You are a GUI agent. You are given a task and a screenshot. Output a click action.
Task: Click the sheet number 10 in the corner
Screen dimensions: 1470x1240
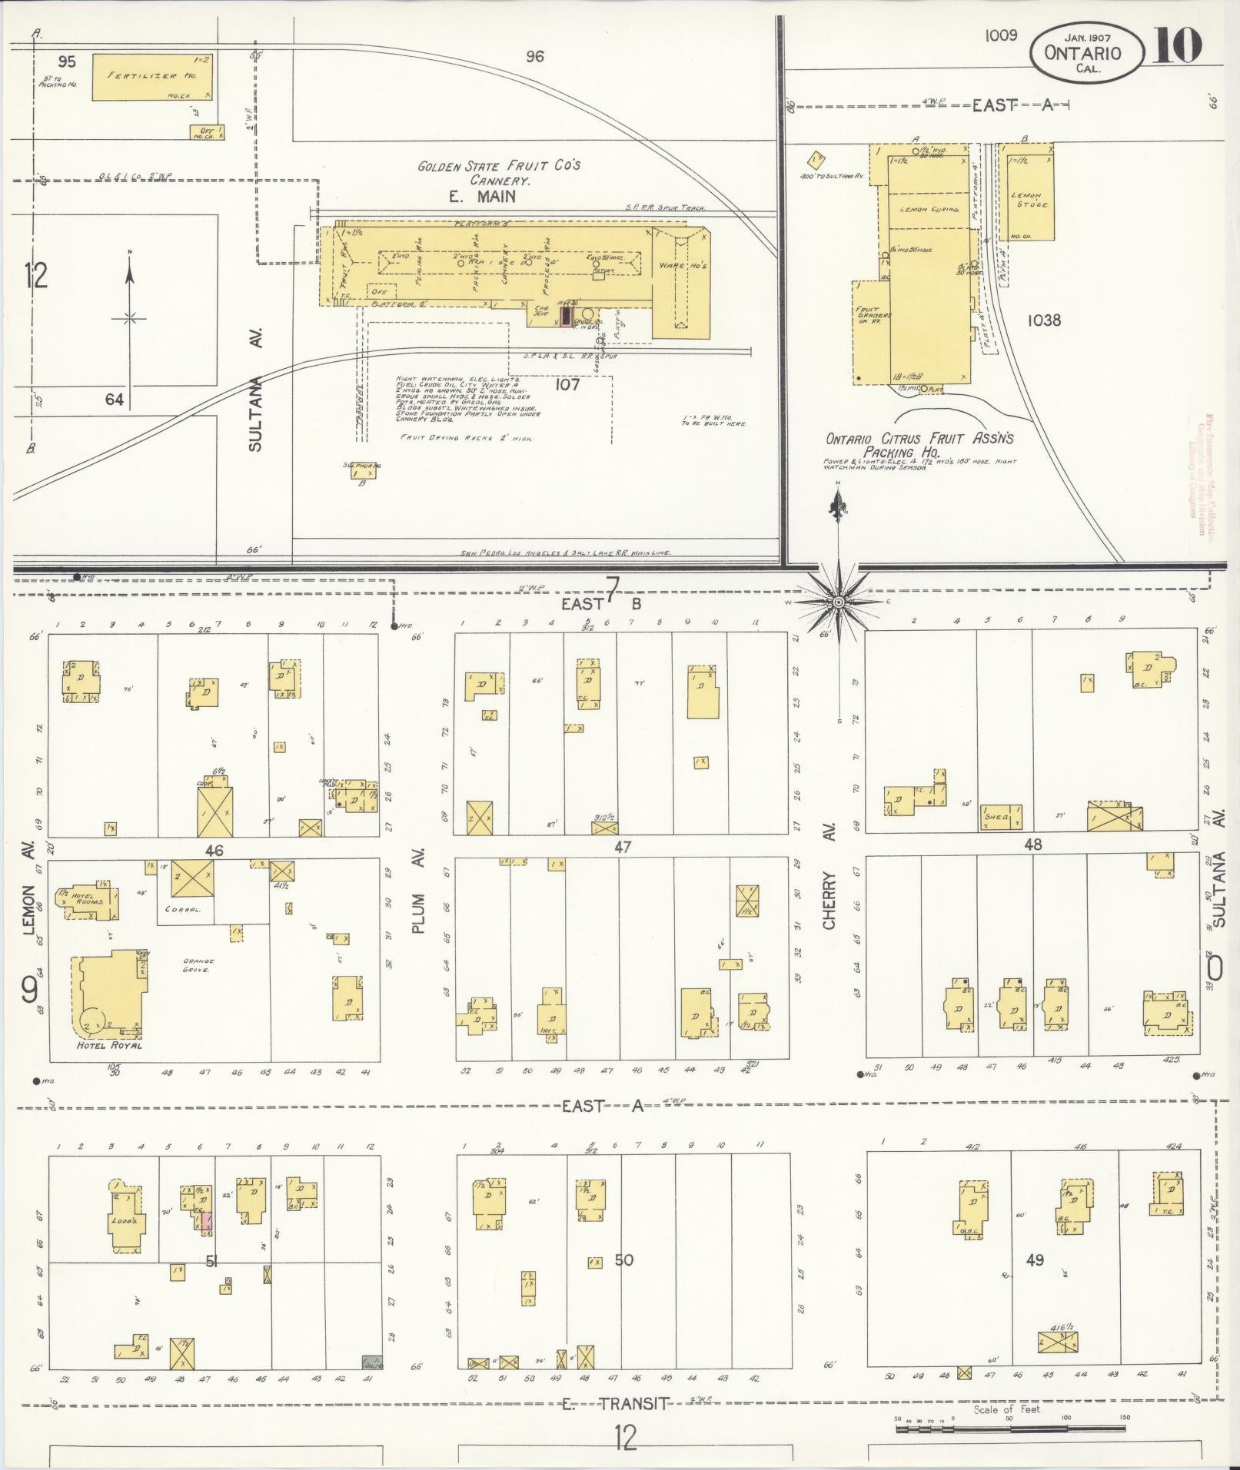tap(1177, 47)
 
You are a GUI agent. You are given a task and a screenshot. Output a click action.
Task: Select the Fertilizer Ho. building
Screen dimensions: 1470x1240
tap(152, 77)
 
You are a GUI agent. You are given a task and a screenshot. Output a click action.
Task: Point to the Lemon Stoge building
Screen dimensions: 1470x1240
tap(1029, 196)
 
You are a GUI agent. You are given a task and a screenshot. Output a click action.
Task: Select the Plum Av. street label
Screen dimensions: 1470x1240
tap(419, 891)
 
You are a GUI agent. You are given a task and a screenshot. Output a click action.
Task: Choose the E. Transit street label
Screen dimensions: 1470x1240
tap(615, 1403)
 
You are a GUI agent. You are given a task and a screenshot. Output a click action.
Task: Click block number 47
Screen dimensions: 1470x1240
tap(623, 847)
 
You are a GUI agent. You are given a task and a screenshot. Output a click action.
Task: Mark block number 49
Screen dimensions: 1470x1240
tap(1035, 1259)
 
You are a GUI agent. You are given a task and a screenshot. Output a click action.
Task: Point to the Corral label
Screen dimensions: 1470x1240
tap(183, 909)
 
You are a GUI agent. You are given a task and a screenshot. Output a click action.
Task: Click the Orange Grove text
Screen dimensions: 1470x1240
tap(198, 966)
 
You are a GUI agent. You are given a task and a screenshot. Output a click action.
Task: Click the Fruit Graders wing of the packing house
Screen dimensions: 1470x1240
tap(871, 330)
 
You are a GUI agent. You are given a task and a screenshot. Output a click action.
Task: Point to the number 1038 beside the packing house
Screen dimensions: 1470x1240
tap(1043, 320)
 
